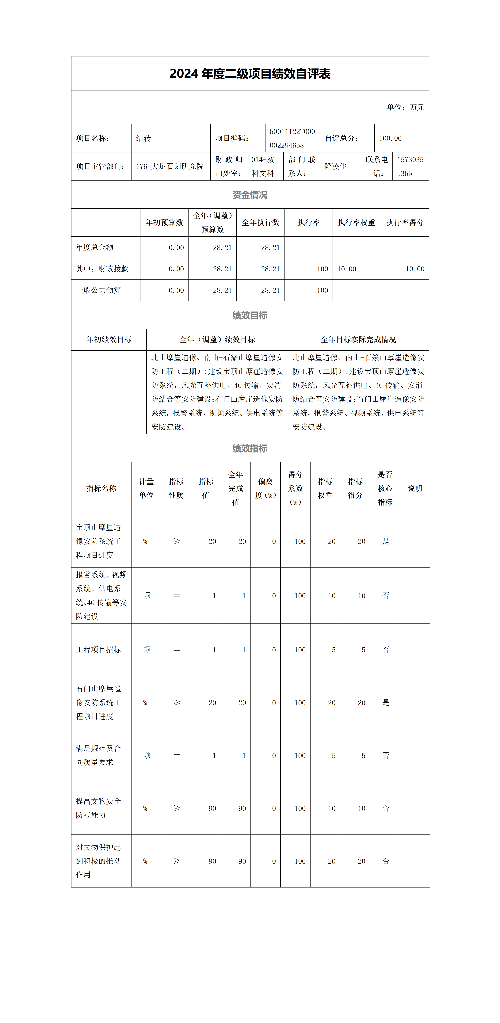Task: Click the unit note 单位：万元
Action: coord(406,107)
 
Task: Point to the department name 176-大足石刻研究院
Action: coord(170,166)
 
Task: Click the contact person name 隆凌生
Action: coord(336,166)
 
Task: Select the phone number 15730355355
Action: coord(410,166)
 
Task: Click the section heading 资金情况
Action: coord(250,195)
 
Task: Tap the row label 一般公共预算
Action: coord(98,290)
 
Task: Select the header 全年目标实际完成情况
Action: coord(358,340)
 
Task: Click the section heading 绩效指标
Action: coord(250,448)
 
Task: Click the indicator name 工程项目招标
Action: coord(98,650)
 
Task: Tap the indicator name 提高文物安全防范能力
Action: coord(98,808)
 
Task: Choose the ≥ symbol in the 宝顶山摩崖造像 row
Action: coord(177,541)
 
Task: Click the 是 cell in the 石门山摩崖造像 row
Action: coord(386,703)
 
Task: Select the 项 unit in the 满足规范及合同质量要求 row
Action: coord(147,755)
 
